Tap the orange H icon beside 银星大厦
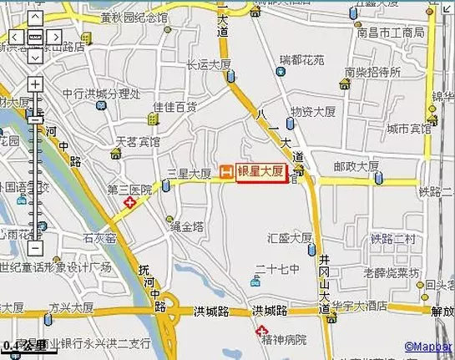[225, 172]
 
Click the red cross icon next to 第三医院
[129, 202]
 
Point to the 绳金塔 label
[187, 226]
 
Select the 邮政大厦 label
[356, 166]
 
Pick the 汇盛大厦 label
[291, 237]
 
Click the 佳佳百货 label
[174, 107]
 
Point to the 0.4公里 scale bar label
[23, 346]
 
